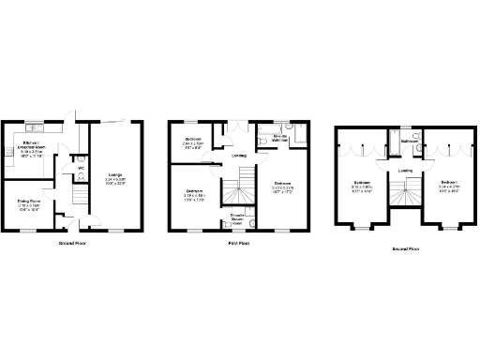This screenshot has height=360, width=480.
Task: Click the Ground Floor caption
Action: coord(72,243)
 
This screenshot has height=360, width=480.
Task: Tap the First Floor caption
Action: coord(239,243)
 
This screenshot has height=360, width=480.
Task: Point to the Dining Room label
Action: coord(26,200)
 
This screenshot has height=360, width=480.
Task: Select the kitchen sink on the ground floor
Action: coord(32,126)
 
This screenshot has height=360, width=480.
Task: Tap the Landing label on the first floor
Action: coord(239,156)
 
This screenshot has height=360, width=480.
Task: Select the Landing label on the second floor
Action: coord(406,171)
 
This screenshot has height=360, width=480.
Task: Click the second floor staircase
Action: coord(406,196)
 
